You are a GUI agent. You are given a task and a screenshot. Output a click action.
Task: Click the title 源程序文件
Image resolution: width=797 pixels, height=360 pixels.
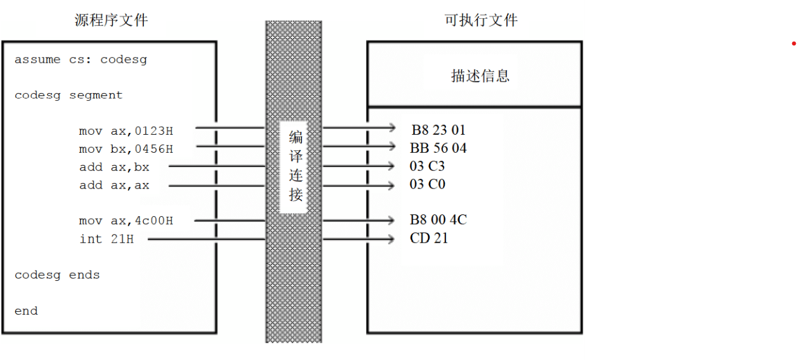(111, 21)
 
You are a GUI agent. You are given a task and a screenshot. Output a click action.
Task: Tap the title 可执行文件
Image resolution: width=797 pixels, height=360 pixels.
(480, 21)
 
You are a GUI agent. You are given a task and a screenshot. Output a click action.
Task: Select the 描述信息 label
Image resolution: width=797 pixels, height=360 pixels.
(480, 76)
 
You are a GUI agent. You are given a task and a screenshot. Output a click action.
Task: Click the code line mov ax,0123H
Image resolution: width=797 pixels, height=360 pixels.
(126, 131)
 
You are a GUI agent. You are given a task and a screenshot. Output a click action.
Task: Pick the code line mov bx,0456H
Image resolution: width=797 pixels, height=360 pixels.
(126, 149)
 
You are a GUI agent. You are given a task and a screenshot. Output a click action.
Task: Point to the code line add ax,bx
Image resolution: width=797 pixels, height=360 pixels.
(114, 167)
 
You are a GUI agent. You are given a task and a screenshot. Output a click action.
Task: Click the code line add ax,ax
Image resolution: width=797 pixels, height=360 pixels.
(114, 185)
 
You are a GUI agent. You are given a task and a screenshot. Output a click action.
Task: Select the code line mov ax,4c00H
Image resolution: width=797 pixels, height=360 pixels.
(126, 221)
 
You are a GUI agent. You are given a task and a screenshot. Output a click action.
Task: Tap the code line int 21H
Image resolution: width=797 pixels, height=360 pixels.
(106, 239)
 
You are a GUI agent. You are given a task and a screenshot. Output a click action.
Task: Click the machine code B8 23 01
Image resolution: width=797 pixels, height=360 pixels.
(438, 130)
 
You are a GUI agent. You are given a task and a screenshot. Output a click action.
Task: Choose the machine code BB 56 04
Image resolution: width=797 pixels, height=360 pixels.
(438, 148)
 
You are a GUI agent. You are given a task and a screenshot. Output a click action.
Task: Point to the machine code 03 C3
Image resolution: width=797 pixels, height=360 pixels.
(427, 166)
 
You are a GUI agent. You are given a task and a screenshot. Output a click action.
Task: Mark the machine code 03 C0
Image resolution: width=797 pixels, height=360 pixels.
(427, 184)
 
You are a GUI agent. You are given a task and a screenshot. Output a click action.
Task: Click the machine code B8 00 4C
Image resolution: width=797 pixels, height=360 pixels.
(438, 220)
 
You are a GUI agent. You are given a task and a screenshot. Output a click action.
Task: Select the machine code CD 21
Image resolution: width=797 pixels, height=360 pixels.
(429, 238)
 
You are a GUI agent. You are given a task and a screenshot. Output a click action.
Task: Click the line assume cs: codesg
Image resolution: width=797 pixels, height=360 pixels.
(80, 60)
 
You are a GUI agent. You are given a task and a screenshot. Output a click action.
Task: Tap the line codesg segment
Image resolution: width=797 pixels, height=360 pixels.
(68, 95)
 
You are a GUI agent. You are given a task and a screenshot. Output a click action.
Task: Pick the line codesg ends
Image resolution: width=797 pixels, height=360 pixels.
(57, 275)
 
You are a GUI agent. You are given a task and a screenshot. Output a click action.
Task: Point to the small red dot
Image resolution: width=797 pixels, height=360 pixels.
(794, 43)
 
